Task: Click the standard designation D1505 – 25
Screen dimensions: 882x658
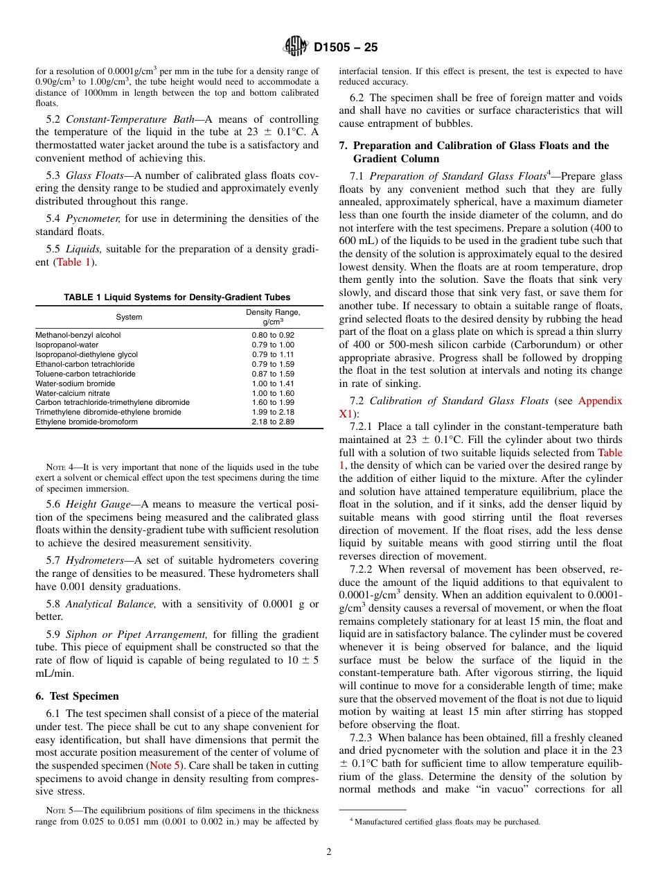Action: (346, 48)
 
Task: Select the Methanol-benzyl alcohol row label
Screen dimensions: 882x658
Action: (78, 335)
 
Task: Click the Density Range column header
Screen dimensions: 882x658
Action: (273, 317)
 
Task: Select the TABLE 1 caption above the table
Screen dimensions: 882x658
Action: (177, 297)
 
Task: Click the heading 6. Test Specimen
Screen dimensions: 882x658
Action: (77, 695)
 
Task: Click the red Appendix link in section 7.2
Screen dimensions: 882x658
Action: (600, 401)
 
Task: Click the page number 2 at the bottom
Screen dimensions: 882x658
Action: (329, 852)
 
